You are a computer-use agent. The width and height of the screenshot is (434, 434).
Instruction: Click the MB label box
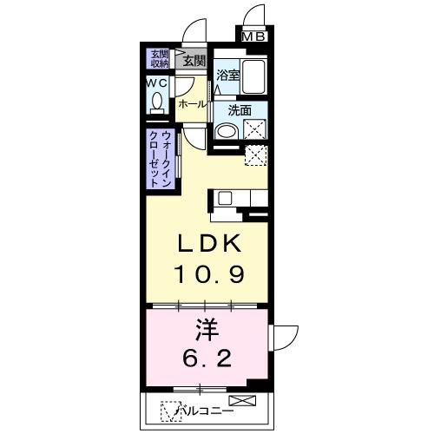pyautogui.click(x=254, y=36)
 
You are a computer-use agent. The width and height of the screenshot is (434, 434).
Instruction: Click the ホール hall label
pyautogui.click(x=192, y=103)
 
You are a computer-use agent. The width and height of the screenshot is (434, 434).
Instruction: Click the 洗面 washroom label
pyautogui.click(x=240, y=110)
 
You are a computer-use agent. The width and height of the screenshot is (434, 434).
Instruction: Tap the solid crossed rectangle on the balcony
pyautogui.click(x=246, y=401)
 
